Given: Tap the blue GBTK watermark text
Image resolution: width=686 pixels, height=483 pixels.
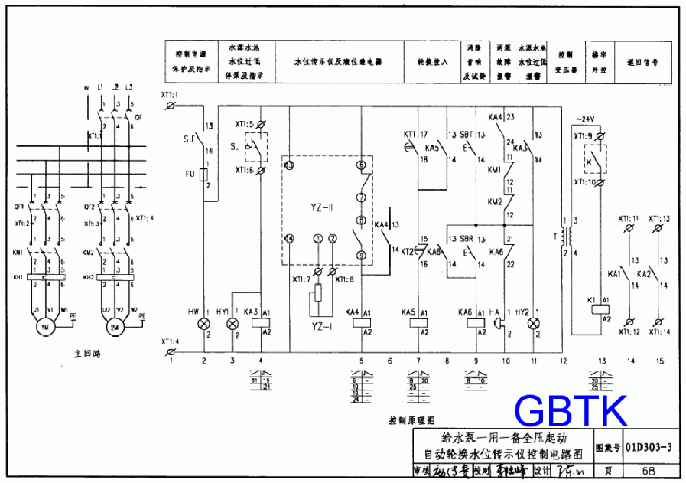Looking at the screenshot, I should tap(571, 411).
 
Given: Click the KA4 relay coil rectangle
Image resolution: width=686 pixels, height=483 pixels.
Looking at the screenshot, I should tap(361, 321).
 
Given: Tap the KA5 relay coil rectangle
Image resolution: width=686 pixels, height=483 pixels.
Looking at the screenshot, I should tap(419, 321).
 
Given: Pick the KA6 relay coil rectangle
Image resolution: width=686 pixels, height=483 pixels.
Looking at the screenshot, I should tap(476, 321).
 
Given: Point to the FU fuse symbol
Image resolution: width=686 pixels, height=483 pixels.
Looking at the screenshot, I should tap(204, 175).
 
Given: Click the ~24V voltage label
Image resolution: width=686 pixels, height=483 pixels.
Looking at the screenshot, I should tap(584, 119).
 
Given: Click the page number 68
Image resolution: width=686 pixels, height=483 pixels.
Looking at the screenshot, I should tap(648, 471).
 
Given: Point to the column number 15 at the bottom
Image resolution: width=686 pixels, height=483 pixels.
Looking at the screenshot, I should tap(659, 360).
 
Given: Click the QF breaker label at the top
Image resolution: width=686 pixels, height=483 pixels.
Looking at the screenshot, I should tap(138, 118).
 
